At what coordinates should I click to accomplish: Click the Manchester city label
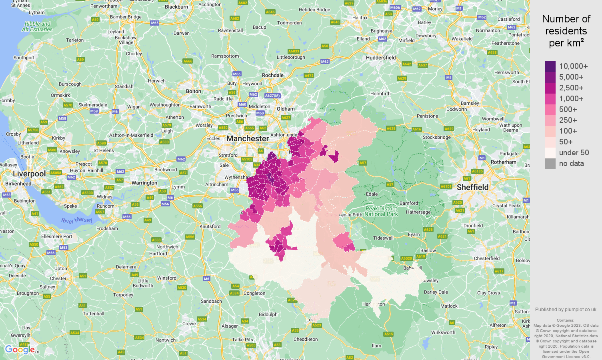pos(248,139)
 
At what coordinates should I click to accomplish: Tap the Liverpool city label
pos(29,174)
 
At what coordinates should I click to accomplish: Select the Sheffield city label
pos(472,187)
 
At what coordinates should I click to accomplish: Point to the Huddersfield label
pos(380,58)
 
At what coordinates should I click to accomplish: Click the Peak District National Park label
pos(381,211)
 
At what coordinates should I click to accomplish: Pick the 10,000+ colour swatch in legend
pos(550,66)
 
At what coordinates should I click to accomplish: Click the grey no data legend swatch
pos(550,164)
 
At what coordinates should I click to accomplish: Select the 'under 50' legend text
pos(574,153)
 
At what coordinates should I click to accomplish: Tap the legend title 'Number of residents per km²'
pos(566,31)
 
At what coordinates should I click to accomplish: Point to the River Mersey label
pos(77,220)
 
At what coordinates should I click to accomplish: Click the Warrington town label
pos(144,183)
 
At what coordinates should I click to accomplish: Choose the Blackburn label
pos(176,7)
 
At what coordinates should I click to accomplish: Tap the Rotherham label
pos(503,162)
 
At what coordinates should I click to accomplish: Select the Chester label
pos(58,278)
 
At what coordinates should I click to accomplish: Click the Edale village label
pos(372,194)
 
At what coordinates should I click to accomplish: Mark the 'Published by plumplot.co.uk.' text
pos(566,309)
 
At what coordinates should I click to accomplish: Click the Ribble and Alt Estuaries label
pos(37,26)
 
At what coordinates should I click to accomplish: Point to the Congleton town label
pos(254,293)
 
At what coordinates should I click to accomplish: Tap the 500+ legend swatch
pos(550,110)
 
